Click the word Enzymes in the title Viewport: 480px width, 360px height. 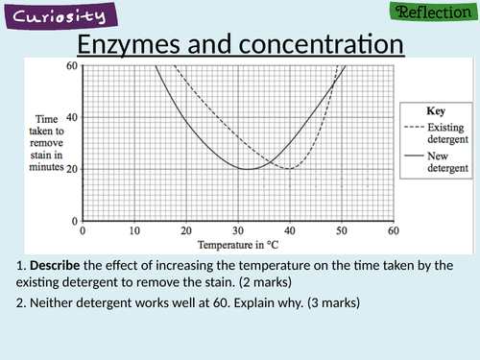click(128, 45)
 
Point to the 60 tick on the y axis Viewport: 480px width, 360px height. click(72, 65)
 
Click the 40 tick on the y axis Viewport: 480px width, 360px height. click(72, 117)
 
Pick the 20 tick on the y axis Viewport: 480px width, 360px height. click(72, 169)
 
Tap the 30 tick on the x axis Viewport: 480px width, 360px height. click(238, 230)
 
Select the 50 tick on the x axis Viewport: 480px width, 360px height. click(342, 230)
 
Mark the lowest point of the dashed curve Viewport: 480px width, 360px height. click(288, 169)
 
